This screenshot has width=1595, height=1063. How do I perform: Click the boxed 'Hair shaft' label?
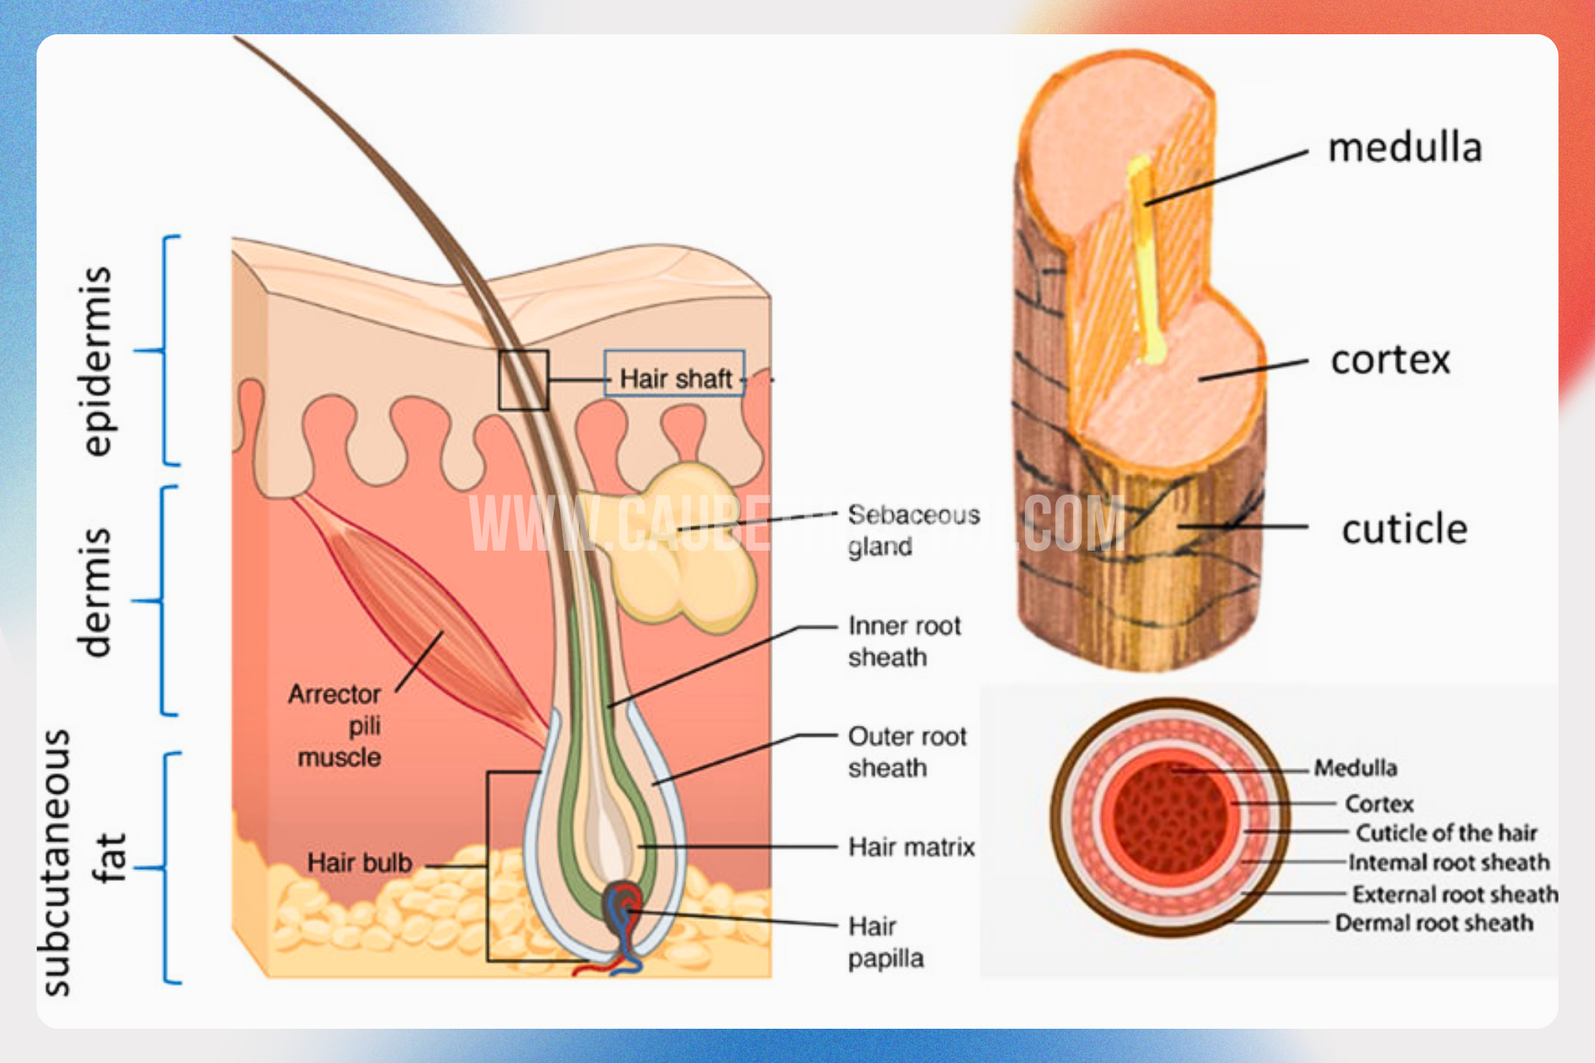[x=674, y=379]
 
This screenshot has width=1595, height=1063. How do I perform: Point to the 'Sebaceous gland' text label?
[x=913, y=530]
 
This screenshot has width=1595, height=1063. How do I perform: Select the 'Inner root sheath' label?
[x=903, y=642]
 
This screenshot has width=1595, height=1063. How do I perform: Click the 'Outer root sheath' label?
[x=907, y=752]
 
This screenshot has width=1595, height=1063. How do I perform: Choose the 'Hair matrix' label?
[x=911, y=847]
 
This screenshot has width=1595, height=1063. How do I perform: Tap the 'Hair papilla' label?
[x=886, y=942]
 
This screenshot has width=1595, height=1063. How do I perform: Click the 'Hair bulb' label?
[x=359, y=863]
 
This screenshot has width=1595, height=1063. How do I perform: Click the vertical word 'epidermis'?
[x=97, y=361]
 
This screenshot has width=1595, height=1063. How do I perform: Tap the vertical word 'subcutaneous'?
[x=56, y=863]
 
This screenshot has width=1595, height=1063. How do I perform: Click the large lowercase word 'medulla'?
[x=1404, y=148]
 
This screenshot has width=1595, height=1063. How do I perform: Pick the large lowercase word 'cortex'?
[x=1390, y=361]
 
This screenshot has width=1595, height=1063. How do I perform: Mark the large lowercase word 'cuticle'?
[x=1404, y=530]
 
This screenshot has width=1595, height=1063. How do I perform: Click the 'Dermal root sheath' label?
[x=1434, y=924]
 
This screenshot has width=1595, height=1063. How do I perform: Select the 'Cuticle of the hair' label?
[x=1446, y=833]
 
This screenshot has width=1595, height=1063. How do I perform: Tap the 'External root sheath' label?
[x=1455, y=894]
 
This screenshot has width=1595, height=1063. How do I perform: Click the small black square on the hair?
[x=523, y=380]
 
